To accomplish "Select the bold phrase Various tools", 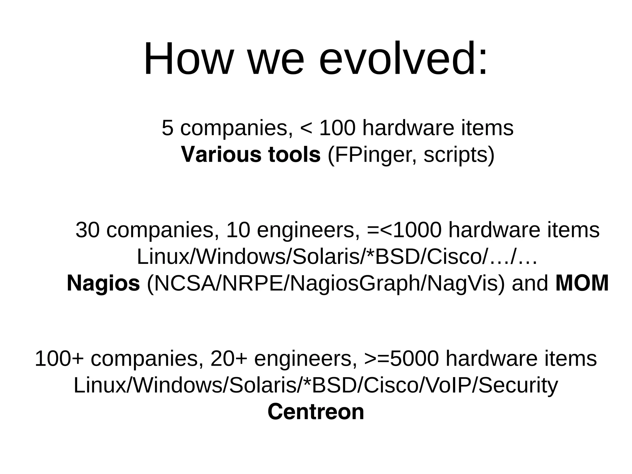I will tap(251, 154).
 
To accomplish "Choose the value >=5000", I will tap(401, 359).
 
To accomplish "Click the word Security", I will tap(518, 385).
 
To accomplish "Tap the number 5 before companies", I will tap(167, 128).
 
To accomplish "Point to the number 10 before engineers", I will tap(238, 230).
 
